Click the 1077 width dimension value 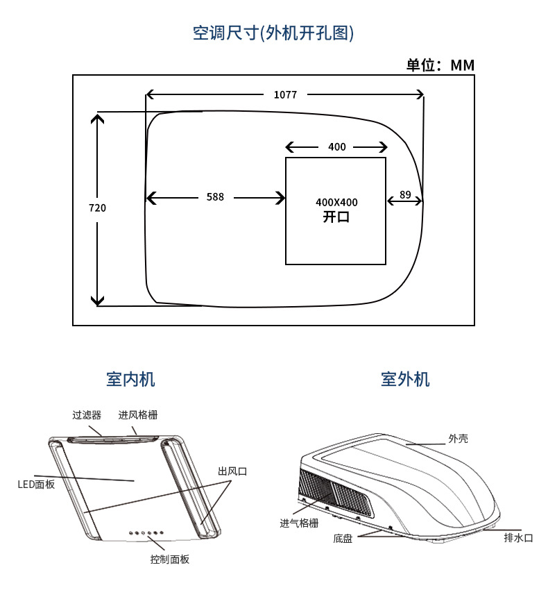(285, 95)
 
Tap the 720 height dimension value (97, 208)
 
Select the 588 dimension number (215, 197)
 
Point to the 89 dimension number (405, 196)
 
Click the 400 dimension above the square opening (336, 147)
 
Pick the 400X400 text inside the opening (336, 202)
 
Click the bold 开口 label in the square (336, 217)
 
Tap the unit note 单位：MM (440, 65)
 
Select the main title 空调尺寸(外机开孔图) (273, 33)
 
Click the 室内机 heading (130, 379)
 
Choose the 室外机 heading (405, 379)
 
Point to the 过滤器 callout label (87, 415)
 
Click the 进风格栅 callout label (137, 415)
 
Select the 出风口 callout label (232, 471)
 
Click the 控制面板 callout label (169, 560)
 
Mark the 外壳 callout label (458, 439)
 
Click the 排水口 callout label (518, 537)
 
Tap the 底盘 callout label (343, 538)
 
